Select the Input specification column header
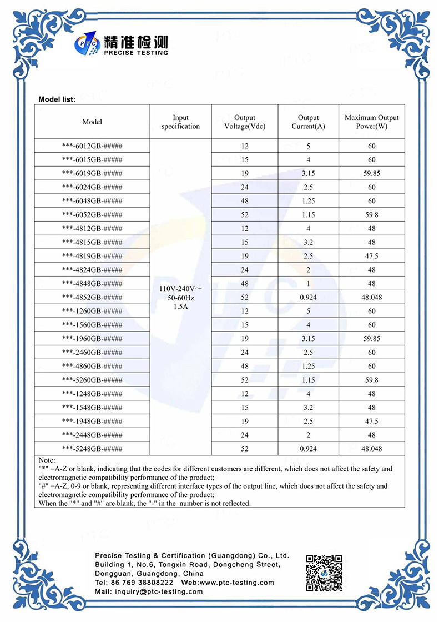[180, 122]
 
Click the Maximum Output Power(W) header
[371, 122]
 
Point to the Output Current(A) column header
[308, 122]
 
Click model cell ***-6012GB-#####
[92, 146]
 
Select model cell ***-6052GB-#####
[92, 215]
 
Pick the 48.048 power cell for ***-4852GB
[371, 297]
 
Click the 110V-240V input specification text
[180, 289]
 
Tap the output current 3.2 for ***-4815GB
[308, 242]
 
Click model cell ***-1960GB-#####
[92, 338]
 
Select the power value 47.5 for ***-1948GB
[371, 421]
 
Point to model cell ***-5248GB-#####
[92, 448]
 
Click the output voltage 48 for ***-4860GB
[245, 366]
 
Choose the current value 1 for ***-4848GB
[308, 283]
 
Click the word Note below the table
[48, 460]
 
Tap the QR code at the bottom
[324, 573]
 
